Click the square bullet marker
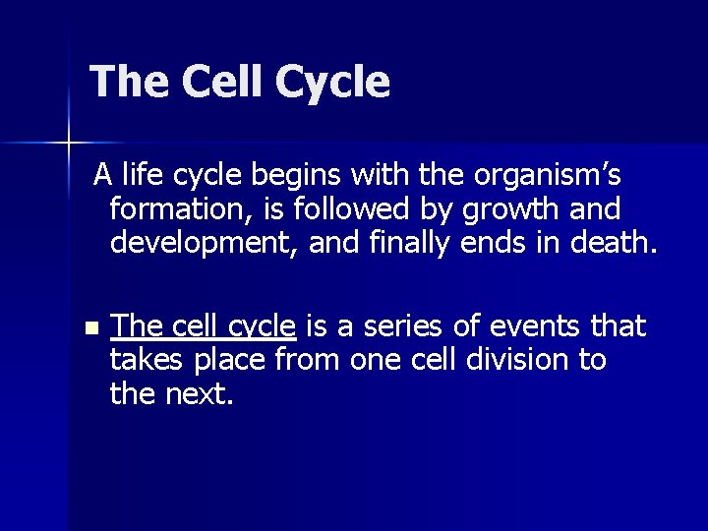[91, 327]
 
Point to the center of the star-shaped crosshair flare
[69, 144]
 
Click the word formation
[170, 209]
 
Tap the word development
[205, 243]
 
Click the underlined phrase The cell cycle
[204, 326]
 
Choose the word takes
[147, 360]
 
